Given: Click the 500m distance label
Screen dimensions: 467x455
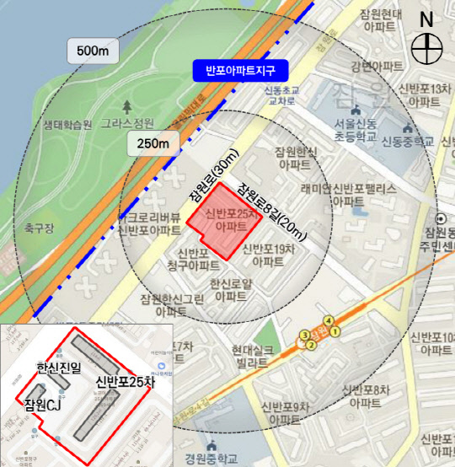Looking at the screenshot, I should (92, 52).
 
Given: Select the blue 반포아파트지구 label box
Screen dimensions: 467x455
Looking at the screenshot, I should (240, 69).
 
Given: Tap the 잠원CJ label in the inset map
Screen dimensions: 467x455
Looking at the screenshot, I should (42, 408).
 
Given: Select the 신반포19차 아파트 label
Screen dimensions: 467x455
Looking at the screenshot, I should (268, 255).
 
